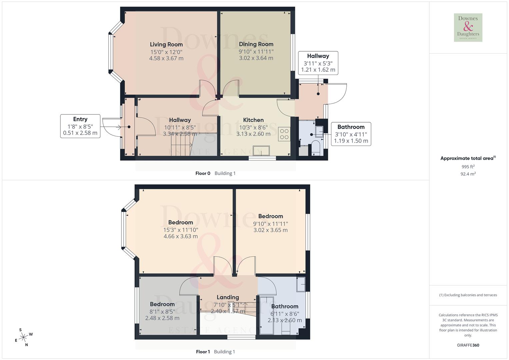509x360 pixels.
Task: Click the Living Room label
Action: pyautogui.click(x=166, y=44)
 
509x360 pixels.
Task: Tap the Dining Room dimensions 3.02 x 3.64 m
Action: pyautogui.click(x=256, y=58)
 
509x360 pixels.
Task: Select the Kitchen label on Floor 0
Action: pyautogui.click(x=253, y=120)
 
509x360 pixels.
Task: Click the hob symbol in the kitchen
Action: pyautogui.click(x=284, y=134)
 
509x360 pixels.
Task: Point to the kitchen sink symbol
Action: pyautogui.click(x=261, y=151)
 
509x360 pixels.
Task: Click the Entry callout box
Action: pyautogui.click(x=80, y=126)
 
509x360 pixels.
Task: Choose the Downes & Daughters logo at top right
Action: pyautogui.click(x=468, y=27)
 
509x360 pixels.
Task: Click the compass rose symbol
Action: pyautogui.click(x=23, y=337)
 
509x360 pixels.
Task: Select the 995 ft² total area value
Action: pyautogui.click(x=468, y=167)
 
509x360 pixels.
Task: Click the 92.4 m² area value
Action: pyautogui.click(x=468, y=174)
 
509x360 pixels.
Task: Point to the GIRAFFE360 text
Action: pyautogui.click(x=468, y=345)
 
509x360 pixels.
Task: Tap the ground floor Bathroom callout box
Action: pyautogui.click(x=351, y=134)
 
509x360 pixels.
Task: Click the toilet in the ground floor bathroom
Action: pyautogui.click(x=315, y=148)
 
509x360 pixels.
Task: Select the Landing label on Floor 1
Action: pyautogui.click(x=228, y=297)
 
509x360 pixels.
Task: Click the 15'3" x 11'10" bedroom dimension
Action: pyautogui.click(x=181, y=230)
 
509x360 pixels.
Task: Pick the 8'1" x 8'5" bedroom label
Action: pyautogui.click(x=162, y=304)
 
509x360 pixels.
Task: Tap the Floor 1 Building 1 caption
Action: pyautogui.click(x=216, y=352)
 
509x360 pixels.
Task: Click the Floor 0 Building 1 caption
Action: pyautogui.click(x=215, y=173)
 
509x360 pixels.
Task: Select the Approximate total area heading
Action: pyautogui.click(x=468, y=158)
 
